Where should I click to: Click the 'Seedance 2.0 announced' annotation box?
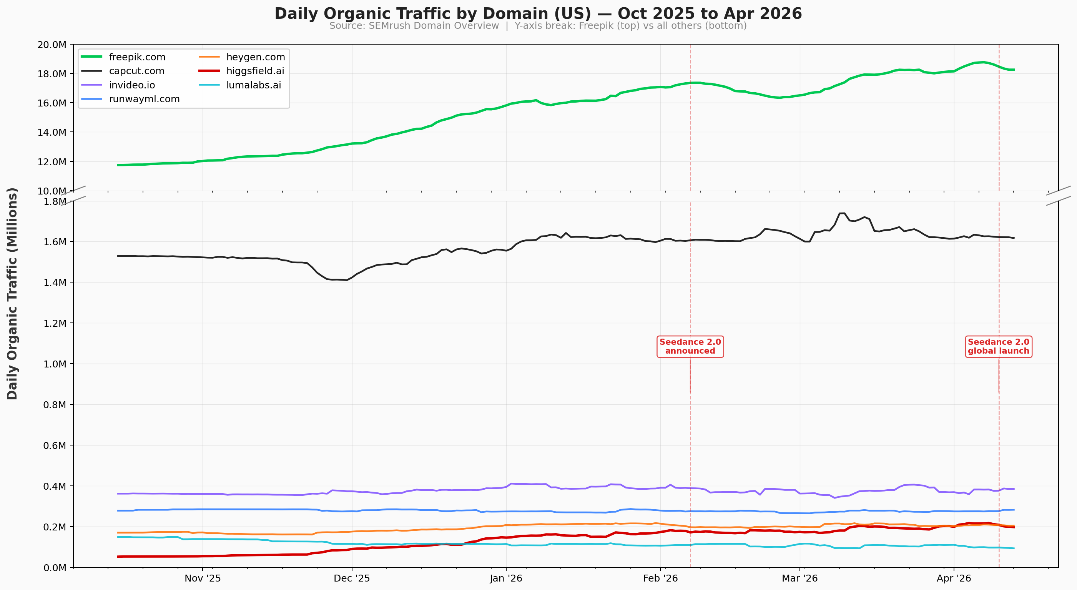(690, 347)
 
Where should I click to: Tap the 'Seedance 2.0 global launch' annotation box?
(999, 347)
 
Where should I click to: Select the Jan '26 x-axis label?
(506, 578)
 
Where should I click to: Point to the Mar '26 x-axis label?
(799, 578)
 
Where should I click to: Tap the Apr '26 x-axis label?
(954, 578)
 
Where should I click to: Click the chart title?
(538, 14)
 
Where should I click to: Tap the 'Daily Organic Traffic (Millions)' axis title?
(13, 294)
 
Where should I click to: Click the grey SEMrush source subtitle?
(538, 26)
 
